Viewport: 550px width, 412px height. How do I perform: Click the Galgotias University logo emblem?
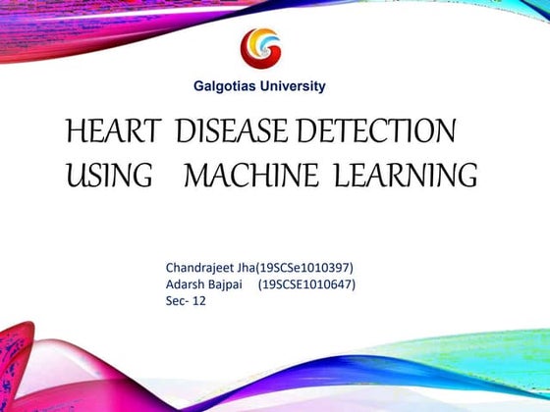pos(260,47)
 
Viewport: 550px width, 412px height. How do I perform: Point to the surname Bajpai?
pos(232,283)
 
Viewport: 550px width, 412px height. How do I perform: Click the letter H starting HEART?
pos(74,131)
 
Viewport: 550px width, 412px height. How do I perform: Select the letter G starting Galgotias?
pos(195,86)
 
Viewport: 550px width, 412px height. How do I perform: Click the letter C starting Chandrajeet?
pos(170,266)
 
